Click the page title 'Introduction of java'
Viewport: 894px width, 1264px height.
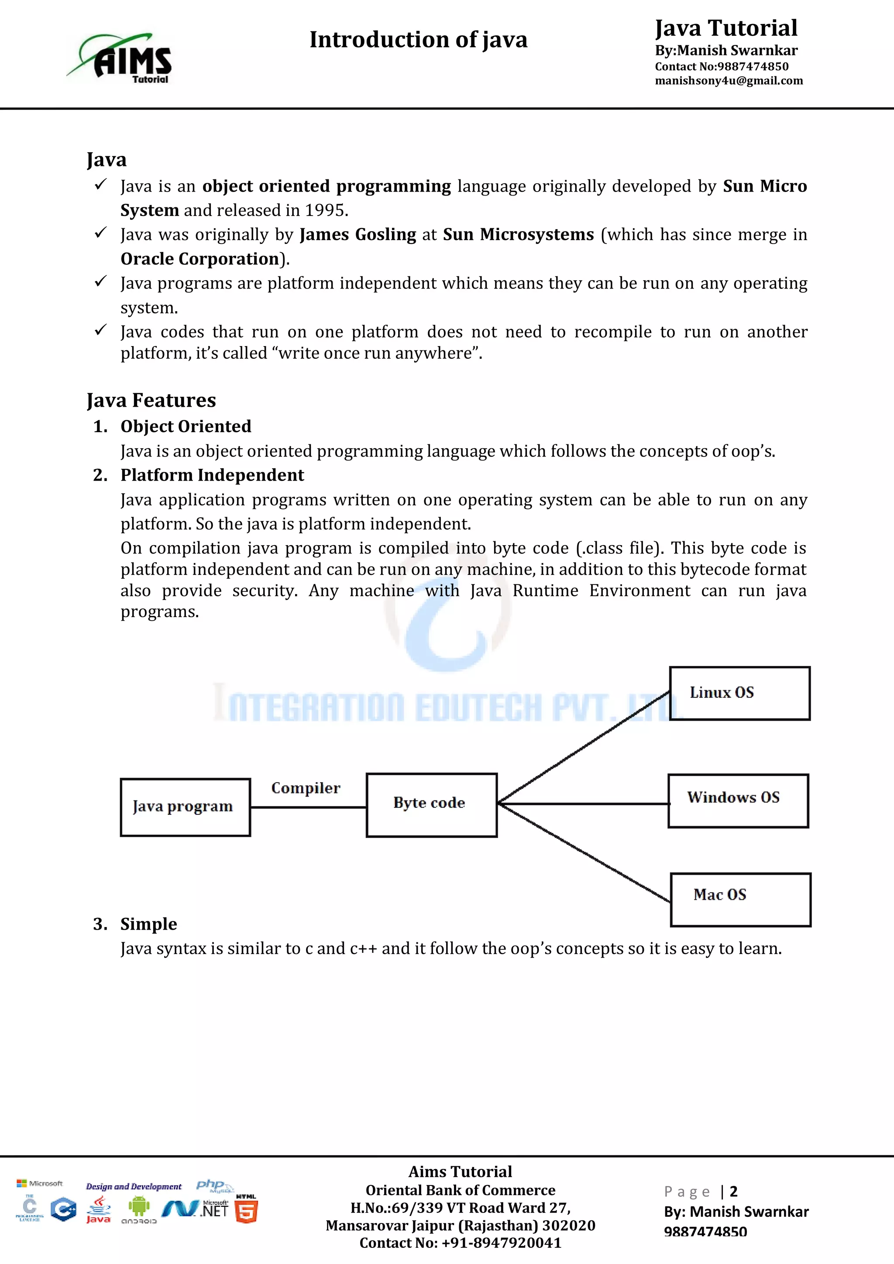pos(418,40)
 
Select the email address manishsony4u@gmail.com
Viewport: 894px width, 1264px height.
pos(728,81)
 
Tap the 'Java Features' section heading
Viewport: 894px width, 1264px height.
pos(151,400)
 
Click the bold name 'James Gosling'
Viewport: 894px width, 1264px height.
pos(358,234)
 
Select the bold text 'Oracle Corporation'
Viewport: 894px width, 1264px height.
pos(200,259)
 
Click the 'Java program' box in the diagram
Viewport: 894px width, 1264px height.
pos(186,807)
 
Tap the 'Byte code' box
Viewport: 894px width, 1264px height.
pos(432,805)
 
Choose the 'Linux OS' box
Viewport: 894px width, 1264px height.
pos(739,693)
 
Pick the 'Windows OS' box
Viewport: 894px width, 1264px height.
pos(738,800)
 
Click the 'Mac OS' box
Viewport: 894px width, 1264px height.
pos(740,899)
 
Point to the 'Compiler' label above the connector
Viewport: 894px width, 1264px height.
pos(306,788)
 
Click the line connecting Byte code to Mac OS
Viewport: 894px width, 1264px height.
pos(584,852)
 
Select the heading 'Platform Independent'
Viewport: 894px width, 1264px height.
pos(212,475)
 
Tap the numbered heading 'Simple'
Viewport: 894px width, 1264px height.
pos(148,924)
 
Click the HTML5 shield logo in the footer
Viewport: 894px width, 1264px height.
pos(246,1211)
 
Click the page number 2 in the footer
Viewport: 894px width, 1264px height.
pos(733,1192)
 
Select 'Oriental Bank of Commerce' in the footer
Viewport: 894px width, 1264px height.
pos(460,1190)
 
